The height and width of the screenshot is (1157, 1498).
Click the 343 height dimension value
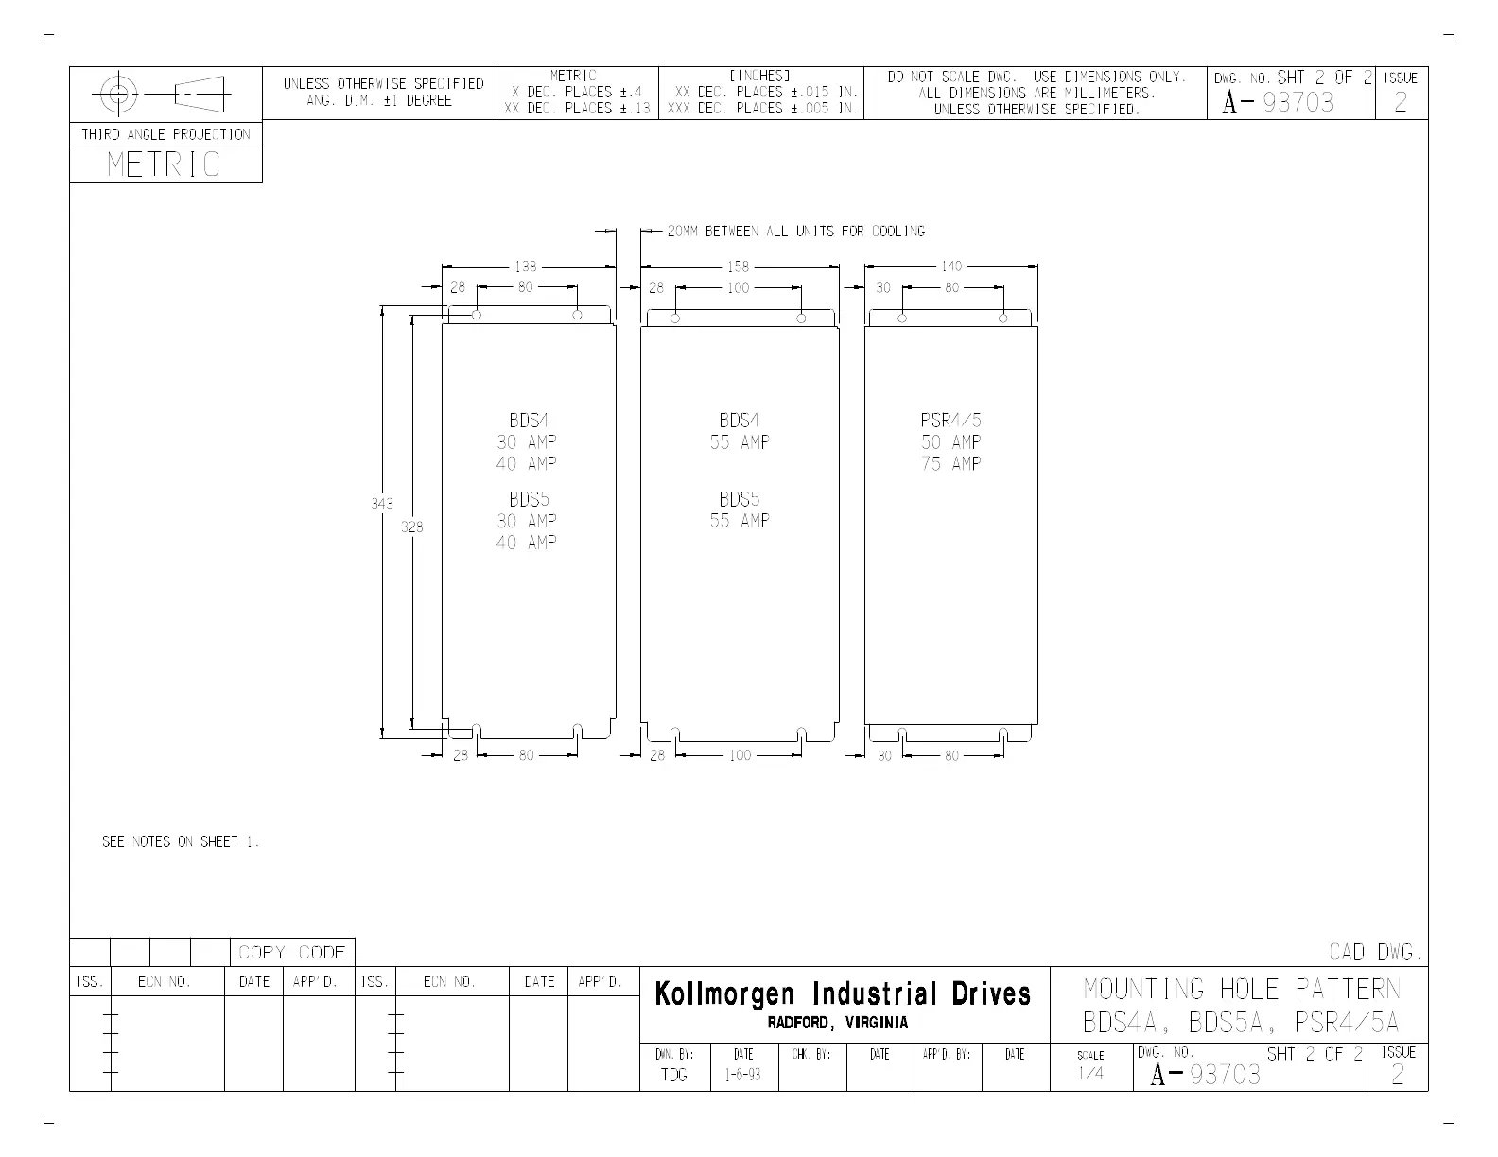381,504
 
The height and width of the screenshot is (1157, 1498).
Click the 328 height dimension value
412,527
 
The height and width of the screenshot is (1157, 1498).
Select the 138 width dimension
525,268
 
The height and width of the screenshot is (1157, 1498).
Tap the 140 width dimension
950,268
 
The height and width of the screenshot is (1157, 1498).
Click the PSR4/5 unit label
950,421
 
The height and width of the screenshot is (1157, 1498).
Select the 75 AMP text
950,464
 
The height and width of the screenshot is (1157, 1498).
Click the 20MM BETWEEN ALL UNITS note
795,232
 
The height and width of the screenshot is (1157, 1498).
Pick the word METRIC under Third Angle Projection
164,164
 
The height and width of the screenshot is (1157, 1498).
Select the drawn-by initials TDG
674,1075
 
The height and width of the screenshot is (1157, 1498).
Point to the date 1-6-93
743,1075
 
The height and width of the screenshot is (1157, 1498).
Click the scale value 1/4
1090,1074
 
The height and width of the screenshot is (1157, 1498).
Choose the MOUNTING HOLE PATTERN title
1241,990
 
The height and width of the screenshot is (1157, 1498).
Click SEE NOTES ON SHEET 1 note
180,841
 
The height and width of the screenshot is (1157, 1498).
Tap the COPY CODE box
292,952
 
